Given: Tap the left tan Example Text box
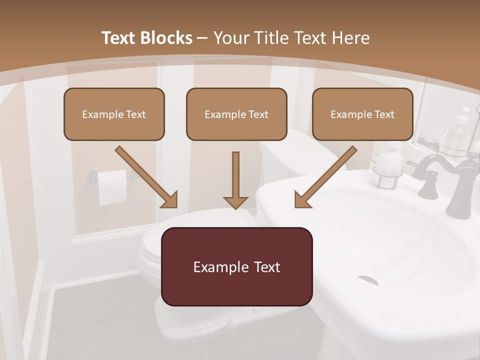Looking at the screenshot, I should [114, 114].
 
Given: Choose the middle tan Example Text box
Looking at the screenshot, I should [236, 114].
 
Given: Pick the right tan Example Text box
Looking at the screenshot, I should [362, 114].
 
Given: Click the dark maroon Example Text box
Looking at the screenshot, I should [236, 266].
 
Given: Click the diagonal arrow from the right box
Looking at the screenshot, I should [325, 177].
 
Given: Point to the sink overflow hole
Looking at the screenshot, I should [367, 279].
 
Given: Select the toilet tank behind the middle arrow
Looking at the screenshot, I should [300, 155].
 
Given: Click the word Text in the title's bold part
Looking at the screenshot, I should [118, 38].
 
